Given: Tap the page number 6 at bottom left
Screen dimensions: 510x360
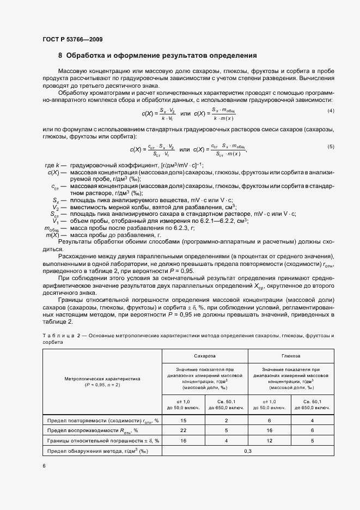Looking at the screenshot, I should tap(44, 466).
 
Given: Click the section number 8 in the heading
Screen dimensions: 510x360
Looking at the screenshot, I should tap(60, 56).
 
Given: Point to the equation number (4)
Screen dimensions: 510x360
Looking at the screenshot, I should tap(330, 111).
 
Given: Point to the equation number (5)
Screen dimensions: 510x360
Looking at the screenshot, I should tap(330, 147).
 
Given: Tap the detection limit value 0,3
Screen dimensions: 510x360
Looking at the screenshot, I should tap(248, 451).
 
